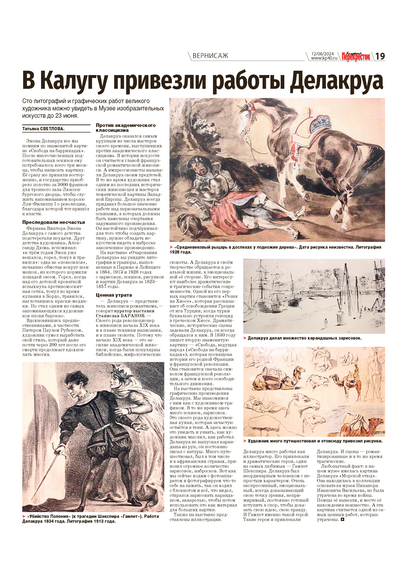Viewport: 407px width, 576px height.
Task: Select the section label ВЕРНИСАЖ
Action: (210, 56)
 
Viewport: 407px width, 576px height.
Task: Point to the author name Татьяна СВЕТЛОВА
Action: (43, 129)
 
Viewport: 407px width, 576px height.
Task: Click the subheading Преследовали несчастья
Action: (53, 222)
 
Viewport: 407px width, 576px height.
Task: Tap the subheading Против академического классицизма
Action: (126, 128)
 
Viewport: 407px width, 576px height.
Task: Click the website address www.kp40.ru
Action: (324, 58)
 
